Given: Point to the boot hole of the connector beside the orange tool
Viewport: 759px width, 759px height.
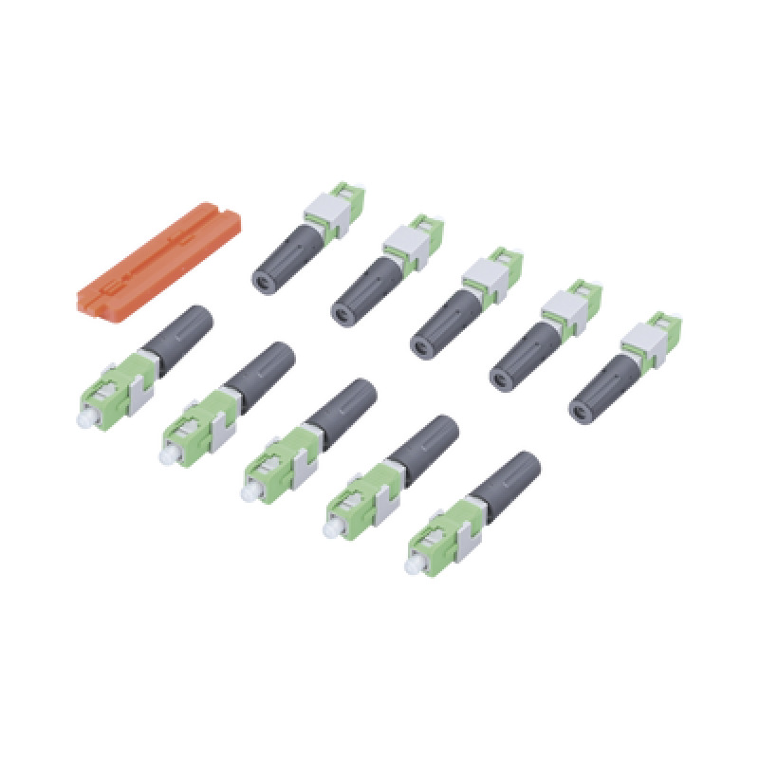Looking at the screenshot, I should coord(260,279).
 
